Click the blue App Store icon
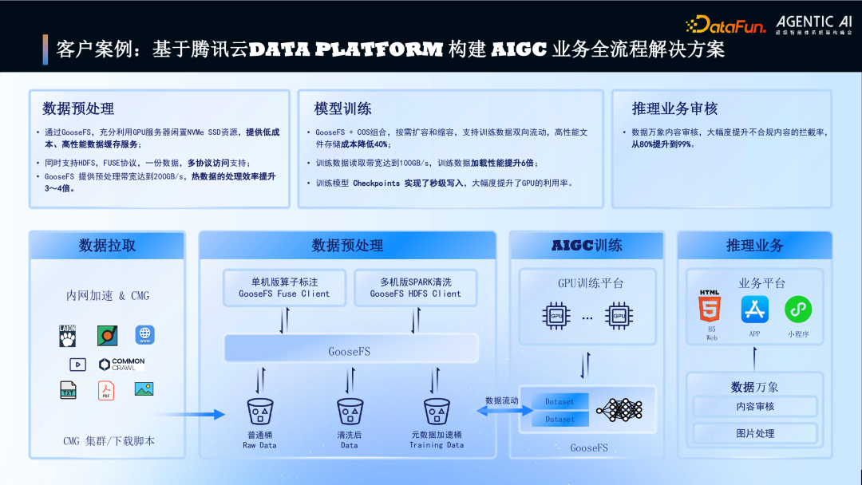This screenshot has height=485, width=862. pyautogui.click(x=754, y=310)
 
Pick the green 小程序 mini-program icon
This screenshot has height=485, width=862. pyautogui.click(x=797, y=310)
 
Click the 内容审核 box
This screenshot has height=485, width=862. pyautogui.click(x=755, y=406)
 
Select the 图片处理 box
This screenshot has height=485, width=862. pyautogui.click(x=755, y=433)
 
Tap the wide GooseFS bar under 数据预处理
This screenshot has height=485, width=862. pyautogui.click(x=350, y=350)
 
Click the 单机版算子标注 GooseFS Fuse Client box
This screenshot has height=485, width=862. pyautogui.click(x=284, y=288)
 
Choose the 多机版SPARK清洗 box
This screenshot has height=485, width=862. pyautogui.click(x=415, y=288)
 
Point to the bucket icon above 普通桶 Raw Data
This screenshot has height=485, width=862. pyautogui.click(x=259, y=412)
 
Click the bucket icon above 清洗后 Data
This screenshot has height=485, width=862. pyautogui.click(x=350, y=412)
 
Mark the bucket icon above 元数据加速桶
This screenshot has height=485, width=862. pyautogui.click(x=437, y=412)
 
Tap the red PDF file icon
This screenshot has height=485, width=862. pyautogui.click(x=106, y=390)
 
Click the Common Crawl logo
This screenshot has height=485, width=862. pyautogui.click(x=121, y=364)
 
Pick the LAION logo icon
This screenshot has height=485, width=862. pyautogui.click(x=69, y=335)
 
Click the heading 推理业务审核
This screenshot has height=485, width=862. pyautogui.click(x=674, y=108)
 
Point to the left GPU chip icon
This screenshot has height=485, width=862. pyautogui.click(x=556, y=316)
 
